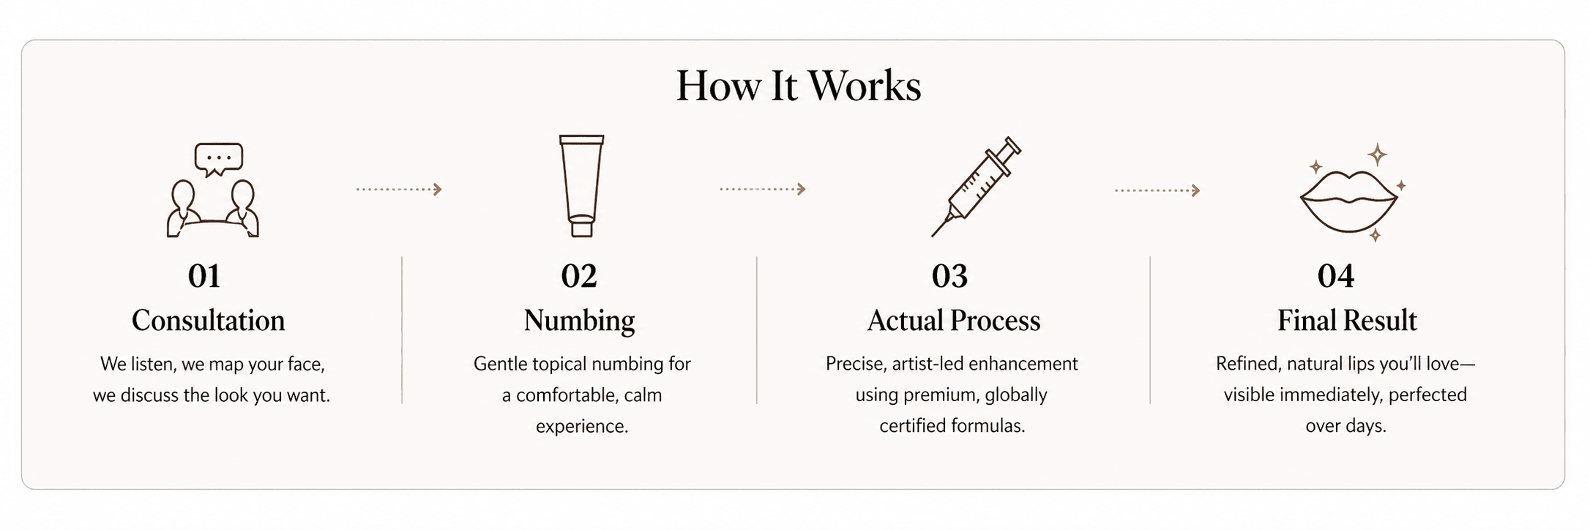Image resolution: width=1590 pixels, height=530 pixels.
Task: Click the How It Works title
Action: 799,86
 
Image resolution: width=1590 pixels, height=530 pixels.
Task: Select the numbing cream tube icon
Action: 582,185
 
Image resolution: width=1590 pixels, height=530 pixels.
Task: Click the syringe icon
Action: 976,186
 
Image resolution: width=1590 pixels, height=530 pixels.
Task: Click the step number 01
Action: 204,276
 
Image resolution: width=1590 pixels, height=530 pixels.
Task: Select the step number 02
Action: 579,276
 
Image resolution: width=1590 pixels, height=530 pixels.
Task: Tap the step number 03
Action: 950,276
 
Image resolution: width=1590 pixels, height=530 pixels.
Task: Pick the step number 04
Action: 1336,276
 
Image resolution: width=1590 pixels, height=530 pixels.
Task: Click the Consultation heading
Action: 209,321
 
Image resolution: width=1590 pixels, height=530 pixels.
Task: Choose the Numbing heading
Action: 580,321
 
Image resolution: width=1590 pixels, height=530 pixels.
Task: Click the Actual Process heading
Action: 954,321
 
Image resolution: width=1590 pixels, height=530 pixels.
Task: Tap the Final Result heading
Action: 1348,321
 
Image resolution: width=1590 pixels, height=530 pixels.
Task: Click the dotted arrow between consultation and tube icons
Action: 399,190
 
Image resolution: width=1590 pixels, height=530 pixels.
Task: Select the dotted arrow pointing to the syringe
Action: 762,190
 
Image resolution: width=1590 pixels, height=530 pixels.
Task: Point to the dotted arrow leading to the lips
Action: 1157,191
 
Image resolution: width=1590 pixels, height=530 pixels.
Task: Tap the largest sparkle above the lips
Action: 1378,155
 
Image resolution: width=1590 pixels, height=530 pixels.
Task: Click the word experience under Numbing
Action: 582,427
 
